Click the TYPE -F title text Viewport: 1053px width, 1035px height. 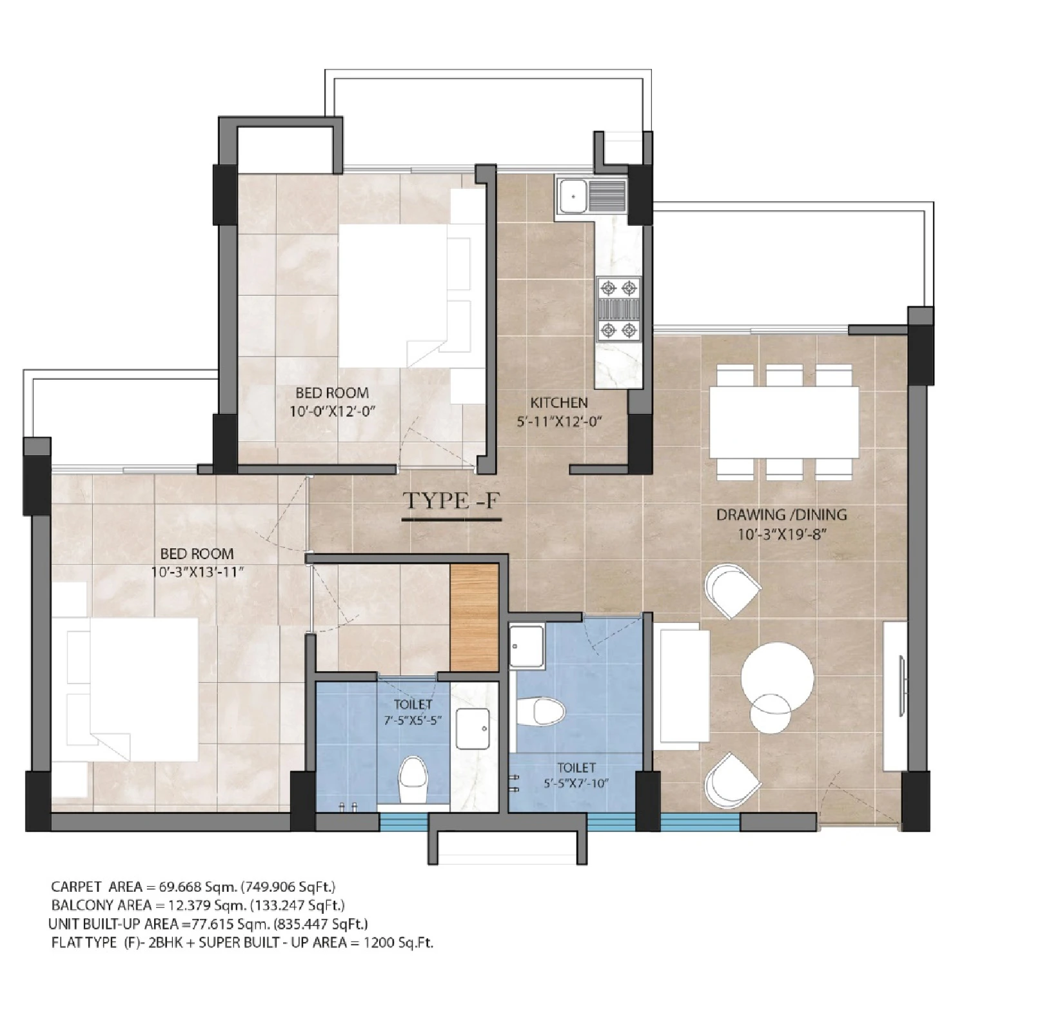tap(451, 501)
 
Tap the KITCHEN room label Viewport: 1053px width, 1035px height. tap(559, 403)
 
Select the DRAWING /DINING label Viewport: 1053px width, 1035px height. tap(782, 515)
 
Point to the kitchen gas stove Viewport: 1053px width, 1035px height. tap(619, 308)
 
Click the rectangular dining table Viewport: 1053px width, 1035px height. tap(784, 422)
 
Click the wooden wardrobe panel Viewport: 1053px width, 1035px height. tap(474, 618)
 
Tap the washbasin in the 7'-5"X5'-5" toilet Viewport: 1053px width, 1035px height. tap(473, 729)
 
